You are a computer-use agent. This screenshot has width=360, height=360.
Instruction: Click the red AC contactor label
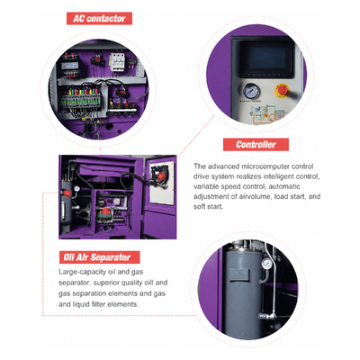99,19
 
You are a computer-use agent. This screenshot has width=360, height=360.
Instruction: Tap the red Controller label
256,145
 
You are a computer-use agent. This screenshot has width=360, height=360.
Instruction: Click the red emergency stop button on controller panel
282,90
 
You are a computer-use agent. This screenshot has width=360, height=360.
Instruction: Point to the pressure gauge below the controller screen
251,91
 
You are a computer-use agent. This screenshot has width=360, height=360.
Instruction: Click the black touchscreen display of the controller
266,59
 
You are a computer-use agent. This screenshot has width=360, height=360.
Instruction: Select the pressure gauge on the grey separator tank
266,264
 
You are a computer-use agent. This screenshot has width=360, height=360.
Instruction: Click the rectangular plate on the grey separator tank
239,275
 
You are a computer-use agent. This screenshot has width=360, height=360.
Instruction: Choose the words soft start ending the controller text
208,207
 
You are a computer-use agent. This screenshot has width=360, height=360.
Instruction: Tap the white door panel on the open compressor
162,183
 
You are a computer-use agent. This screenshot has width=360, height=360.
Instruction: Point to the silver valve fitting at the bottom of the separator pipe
267,316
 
